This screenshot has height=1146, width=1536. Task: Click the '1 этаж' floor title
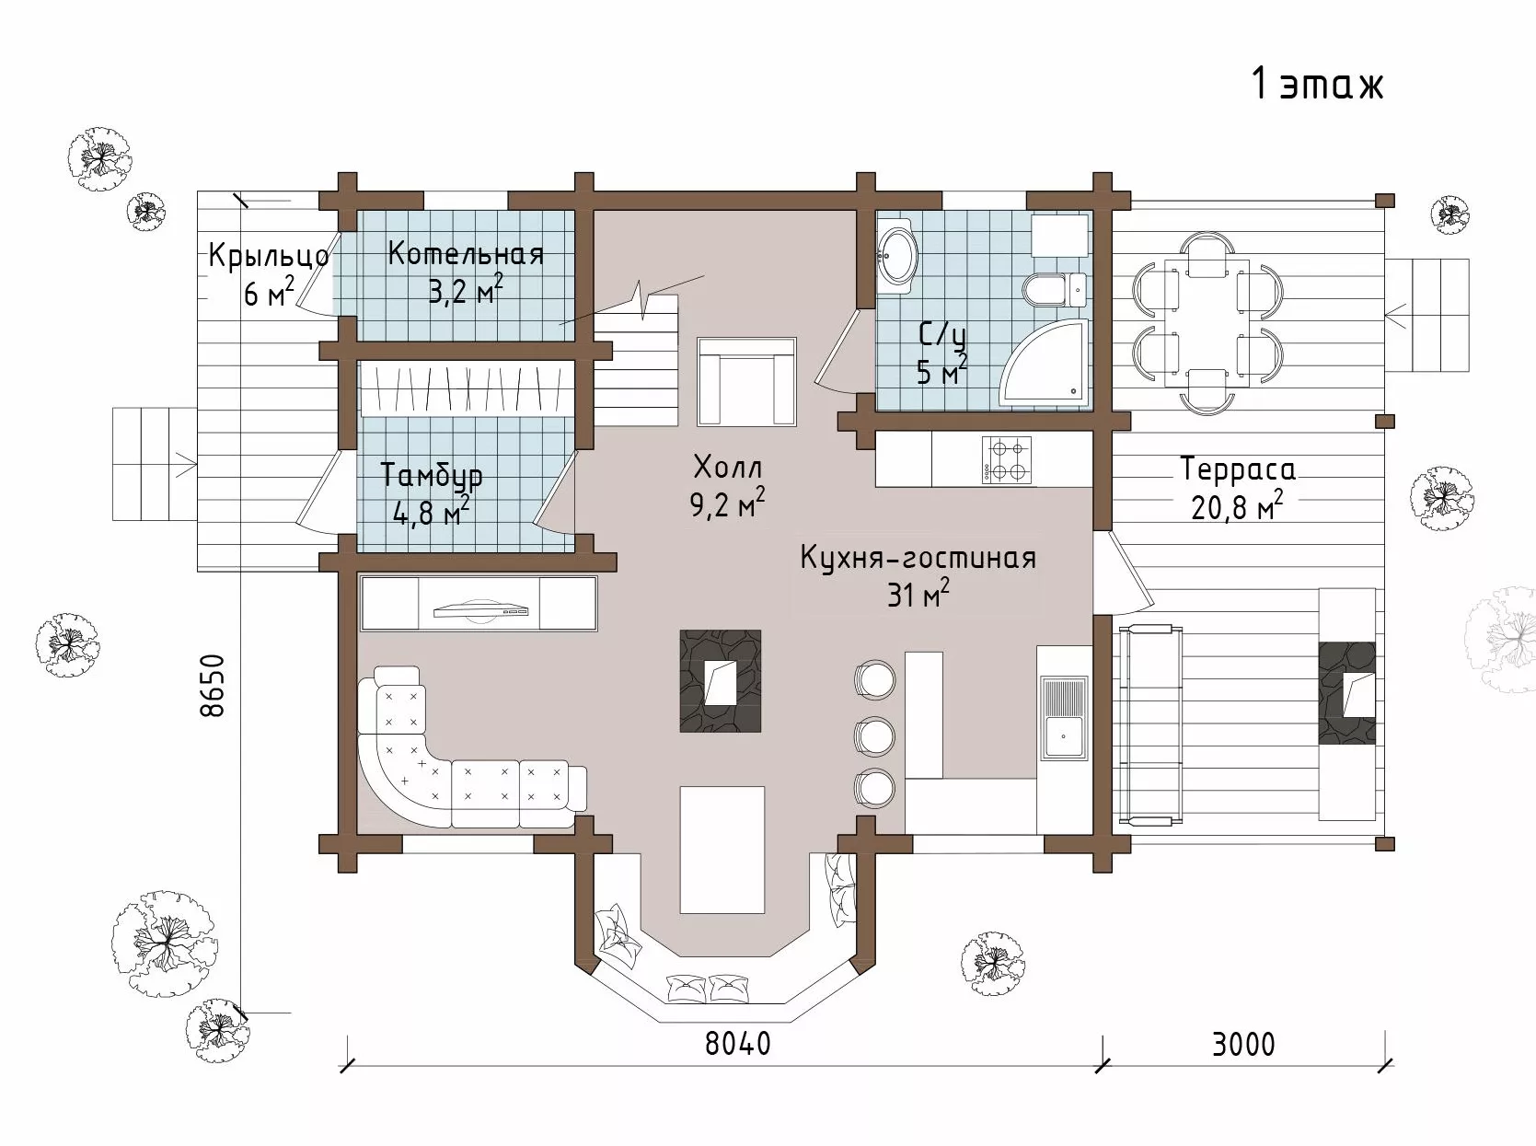1317,86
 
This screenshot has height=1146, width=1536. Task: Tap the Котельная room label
466,253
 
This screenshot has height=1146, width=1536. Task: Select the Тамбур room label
432,476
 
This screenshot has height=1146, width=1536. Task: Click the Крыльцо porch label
269,255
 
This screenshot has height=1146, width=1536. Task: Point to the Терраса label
1238,469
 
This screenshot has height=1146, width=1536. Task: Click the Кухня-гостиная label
918,559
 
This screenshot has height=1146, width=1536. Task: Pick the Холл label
728,467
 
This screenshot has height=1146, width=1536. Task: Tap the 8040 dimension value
737,1043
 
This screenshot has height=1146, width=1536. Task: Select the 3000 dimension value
1243,1045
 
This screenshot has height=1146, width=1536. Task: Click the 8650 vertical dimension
212,686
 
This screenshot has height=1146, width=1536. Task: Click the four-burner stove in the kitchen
1006,459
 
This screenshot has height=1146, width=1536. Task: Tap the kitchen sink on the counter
1063,717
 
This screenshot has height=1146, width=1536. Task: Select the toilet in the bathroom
1055,289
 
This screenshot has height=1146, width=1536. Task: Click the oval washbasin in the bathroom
898,255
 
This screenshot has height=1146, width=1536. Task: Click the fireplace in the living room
720,681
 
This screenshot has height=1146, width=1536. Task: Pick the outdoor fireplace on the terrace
1347,692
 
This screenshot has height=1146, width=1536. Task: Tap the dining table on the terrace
1207,322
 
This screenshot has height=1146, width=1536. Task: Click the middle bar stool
874,735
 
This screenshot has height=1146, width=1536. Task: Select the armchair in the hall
746,381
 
